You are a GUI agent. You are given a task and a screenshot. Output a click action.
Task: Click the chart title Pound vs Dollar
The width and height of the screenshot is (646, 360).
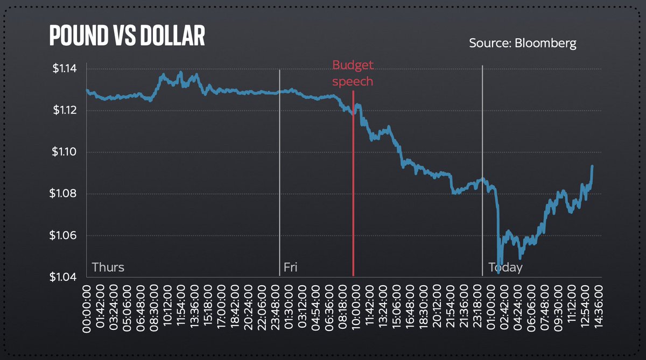coord(127,36)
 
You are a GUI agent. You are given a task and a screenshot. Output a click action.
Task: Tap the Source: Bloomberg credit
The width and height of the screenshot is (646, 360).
coord(522,43)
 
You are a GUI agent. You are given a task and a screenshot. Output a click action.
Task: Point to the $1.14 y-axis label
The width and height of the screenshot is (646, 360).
coord(65,69)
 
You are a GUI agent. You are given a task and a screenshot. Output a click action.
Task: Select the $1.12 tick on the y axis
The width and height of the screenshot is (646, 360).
coord(65,110)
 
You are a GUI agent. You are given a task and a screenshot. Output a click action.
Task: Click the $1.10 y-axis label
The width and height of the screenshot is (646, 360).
coord(65,152)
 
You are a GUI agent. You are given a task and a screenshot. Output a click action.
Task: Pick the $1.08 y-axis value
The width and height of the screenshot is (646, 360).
coord(65,194)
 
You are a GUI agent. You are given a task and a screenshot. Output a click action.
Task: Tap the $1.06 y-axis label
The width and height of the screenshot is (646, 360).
coord(65,236)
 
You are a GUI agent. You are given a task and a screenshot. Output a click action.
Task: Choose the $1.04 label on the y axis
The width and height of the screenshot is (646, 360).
coord(65,277)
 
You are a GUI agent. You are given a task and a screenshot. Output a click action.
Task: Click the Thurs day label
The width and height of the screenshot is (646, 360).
coord(108,267)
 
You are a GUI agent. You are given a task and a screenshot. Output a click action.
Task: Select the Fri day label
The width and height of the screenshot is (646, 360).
coord(291,267)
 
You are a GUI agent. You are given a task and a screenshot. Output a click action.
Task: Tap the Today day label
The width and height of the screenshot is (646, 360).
coord(505,267)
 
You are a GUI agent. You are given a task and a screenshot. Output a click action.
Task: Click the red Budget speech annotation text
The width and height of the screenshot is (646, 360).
coord(353,73)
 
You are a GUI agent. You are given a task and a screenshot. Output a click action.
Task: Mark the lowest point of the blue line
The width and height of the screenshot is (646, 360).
coord(499,273)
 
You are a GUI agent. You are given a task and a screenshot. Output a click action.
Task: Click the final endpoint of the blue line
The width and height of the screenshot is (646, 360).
coord(592,166)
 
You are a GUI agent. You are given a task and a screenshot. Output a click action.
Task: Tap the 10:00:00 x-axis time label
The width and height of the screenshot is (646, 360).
coord(356,309)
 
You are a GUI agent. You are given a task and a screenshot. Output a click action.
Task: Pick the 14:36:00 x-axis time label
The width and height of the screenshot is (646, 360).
coord(597,309)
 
